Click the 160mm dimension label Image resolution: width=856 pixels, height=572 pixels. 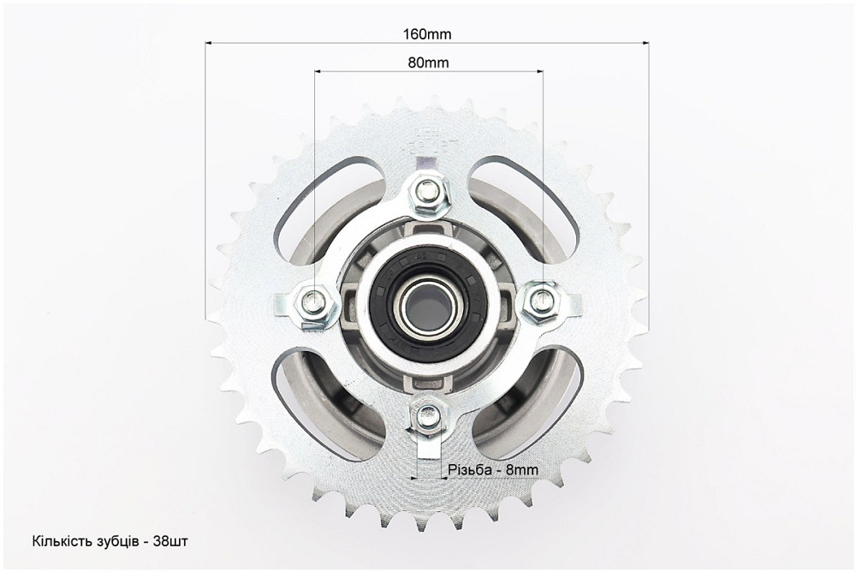click(x=427, y=34)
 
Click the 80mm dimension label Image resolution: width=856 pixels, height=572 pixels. click(x=428, y=63)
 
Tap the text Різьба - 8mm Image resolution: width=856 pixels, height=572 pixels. click(x=492, y=470)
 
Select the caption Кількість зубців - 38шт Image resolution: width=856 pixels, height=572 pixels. click(x=110, y=541)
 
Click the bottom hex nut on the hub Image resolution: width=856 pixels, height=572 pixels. click(x=427, y=417)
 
